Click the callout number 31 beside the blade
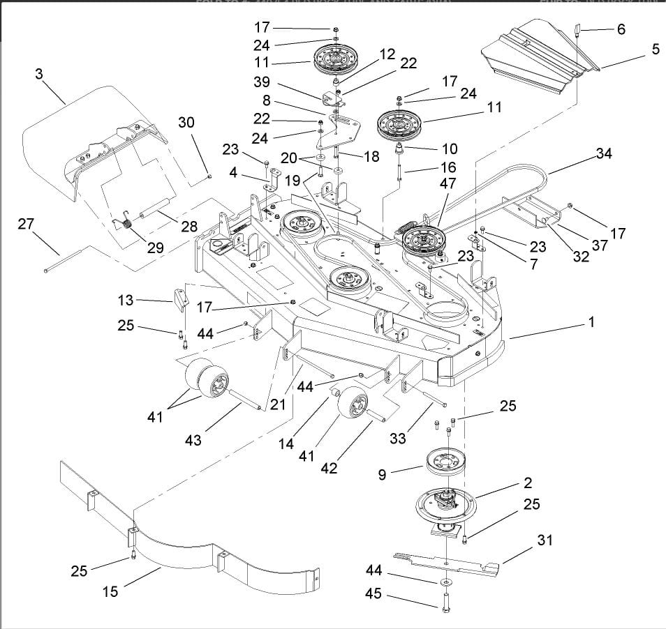tap(545, 540)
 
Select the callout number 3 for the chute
tap(40, 75)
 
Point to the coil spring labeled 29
tap(128, 225)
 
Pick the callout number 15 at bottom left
tap(110, 591)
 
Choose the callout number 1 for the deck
tap(591, 322)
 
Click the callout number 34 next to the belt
tap(605, 153)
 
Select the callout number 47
tap(447, 184)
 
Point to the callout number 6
tap(621, 29)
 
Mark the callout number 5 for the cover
tap(656, 50)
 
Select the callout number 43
tap(193, 440)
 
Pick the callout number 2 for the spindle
tap(527, 483)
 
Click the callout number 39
tap(262, 82)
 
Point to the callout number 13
tap(125, 300)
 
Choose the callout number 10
tap(450, 149)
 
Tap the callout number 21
tap(279, 404)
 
